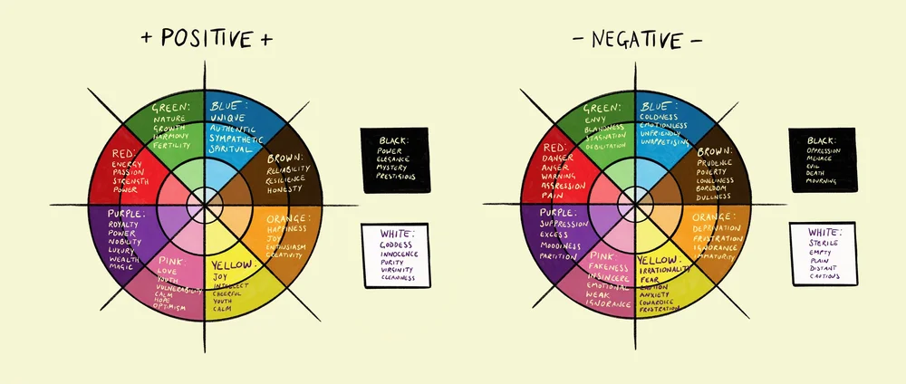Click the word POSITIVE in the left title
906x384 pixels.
(x=207, y=39)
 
